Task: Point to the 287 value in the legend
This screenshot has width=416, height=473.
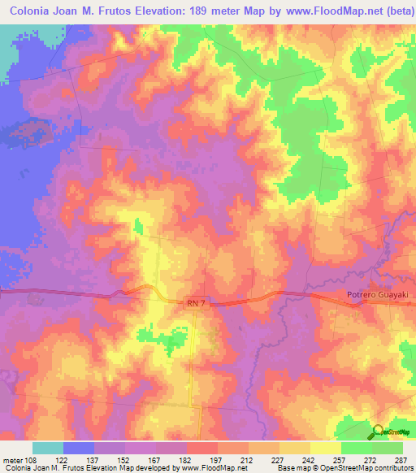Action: (401, 459)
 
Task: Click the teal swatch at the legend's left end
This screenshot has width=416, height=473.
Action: (48, 448)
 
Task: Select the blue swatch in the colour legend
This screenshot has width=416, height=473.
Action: (79, 448)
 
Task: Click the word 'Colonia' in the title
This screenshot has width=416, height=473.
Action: (33, 11)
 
